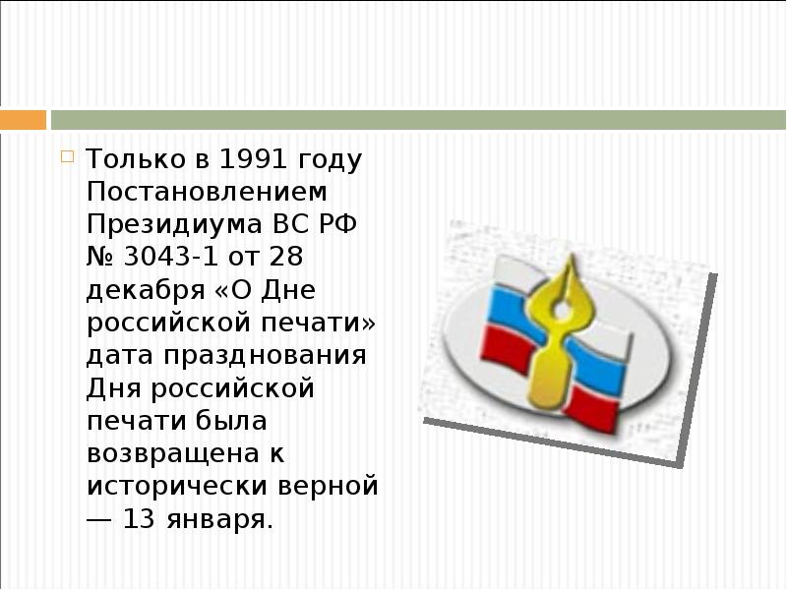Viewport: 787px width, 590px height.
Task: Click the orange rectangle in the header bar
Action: tap(23, 120)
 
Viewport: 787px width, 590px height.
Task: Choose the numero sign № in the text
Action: tap(103, 258)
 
